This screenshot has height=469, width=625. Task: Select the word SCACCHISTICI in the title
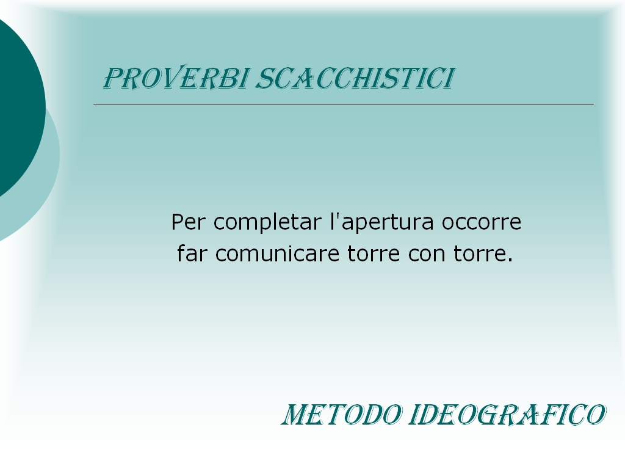tap(355, 78)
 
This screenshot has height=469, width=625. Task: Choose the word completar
tap(267, 222)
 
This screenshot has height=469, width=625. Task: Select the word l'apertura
tap(382, 222)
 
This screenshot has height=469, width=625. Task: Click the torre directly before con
tap(374, 254)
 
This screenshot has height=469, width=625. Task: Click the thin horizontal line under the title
tap(344, 104)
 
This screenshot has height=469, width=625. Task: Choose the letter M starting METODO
tap(294, 415)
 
